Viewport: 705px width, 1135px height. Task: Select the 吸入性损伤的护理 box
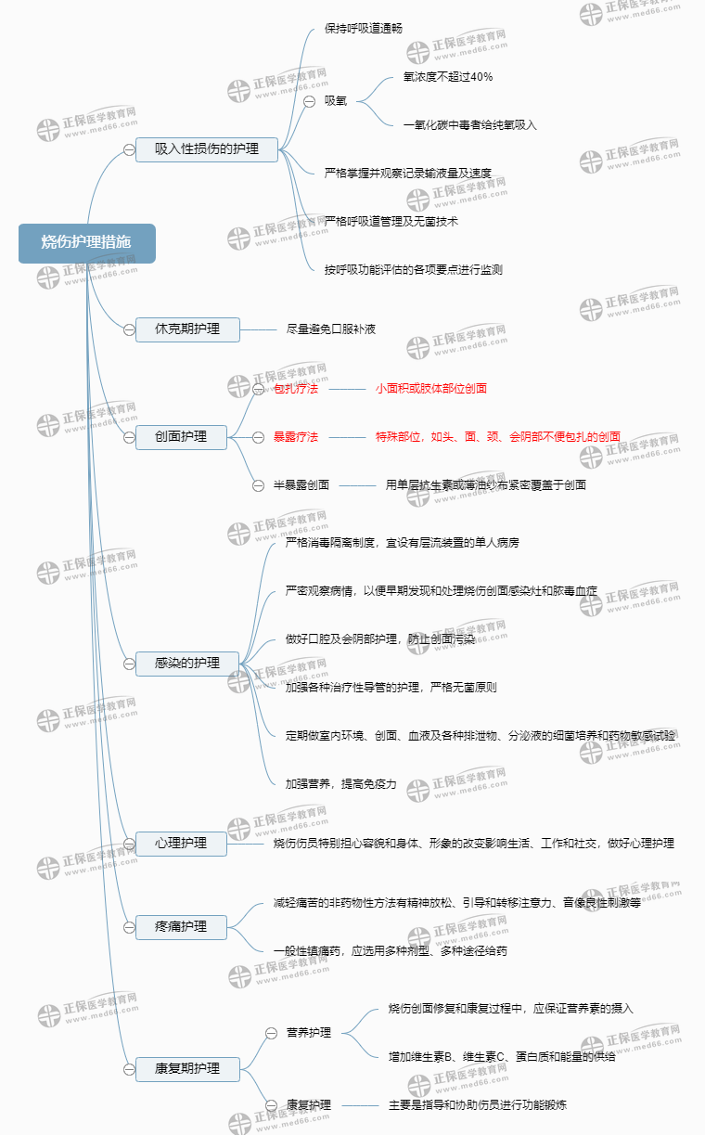coord(206,148)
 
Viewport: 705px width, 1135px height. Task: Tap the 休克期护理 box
coord(187,329)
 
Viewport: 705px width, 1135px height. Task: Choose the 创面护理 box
coord(181,436)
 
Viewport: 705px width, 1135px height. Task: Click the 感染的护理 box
coord(187,663)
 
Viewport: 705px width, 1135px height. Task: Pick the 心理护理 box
coord(181,844)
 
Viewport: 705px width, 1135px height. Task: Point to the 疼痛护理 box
coord(181,926)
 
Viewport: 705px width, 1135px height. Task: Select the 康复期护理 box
coord(187,1068)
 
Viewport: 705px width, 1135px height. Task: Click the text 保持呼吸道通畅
coord(364,29)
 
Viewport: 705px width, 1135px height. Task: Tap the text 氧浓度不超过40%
coord(448,77)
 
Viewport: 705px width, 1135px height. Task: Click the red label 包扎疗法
coord(296,389)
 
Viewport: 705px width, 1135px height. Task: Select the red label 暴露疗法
coord(296,436)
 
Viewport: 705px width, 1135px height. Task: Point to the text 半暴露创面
coord(301,484)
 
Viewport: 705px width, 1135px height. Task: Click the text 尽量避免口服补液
coord(331,329)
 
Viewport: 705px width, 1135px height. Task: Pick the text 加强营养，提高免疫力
coord(340,784)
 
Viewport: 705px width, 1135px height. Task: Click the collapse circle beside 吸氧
coord(310,101)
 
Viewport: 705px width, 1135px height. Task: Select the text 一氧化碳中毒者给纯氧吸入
coord(469,124)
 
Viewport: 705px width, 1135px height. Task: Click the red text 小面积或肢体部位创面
coord(430,389)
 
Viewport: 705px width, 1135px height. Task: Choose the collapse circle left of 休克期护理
coord(129,329)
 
